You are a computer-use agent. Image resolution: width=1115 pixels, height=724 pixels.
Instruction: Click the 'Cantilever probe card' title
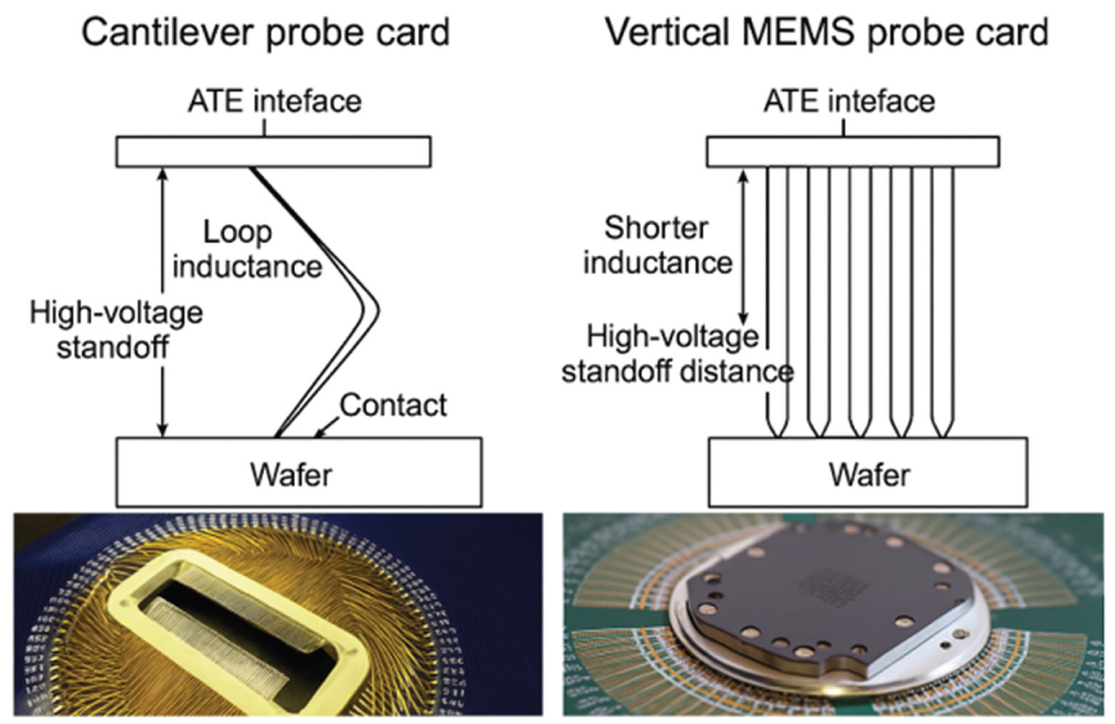click(265, 33)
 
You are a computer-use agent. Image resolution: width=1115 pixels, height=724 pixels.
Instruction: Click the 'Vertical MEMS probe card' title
click(827, 33)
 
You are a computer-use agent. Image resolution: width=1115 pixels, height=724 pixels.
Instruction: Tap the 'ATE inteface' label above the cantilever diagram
click(275, 101)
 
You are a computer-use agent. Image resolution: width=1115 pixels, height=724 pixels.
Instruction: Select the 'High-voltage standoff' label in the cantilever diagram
click(116, 330)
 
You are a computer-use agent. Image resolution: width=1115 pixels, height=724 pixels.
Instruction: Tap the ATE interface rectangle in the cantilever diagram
click(273, 152)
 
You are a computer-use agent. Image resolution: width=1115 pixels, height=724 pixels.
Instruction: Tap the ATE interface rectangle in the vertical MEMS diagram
click(853, 152)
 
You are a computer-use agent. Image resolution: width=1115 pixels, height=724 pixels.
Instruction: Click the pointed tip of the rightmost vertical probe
click(942, 437)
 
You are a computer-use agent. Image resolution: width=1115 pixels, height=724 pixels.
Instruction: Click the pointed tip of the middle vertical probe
click(860, 437)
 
